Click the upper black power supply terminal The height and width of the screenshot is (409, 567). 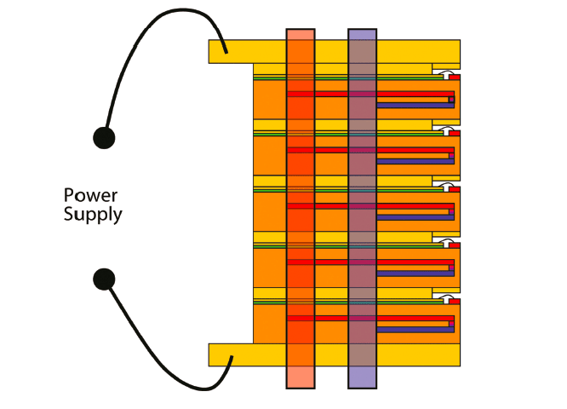coord(104,137)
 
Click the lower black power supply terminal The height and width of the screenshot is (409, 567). coord(104,278)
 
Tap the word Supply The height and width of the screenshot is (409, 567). coord(93,214)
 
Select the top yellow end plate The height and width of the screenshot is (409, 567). coord(247,51)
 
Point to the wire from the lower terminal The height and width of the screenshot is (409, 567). coord(162,358)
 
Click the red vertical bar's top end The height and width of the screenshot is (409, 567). coord(301,34)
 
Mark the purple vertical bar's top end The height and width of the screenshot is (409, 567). coord(362,34)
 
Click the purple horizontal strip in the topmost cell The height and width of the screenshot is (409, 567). coord(414,106)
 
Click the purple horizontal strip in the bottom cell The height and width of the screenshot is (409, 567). coord(414,329)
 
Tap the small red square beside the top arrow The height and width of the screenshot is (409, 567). coord(455,76)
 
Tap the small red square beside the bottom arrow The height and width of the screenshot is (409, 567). coord(455,300)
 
